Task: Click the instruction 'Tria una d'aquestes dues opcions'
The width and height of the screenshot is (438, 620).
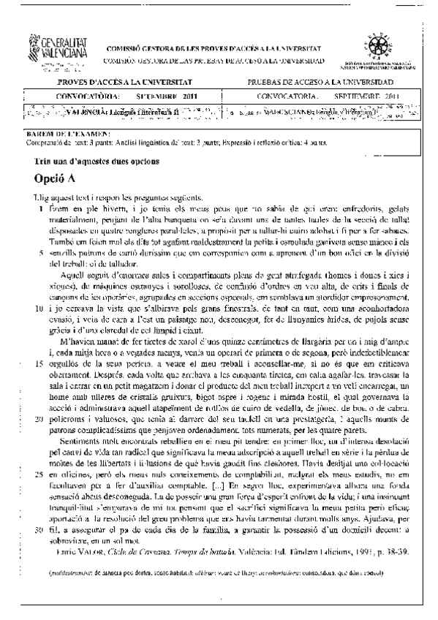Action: tap(97, 160)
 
